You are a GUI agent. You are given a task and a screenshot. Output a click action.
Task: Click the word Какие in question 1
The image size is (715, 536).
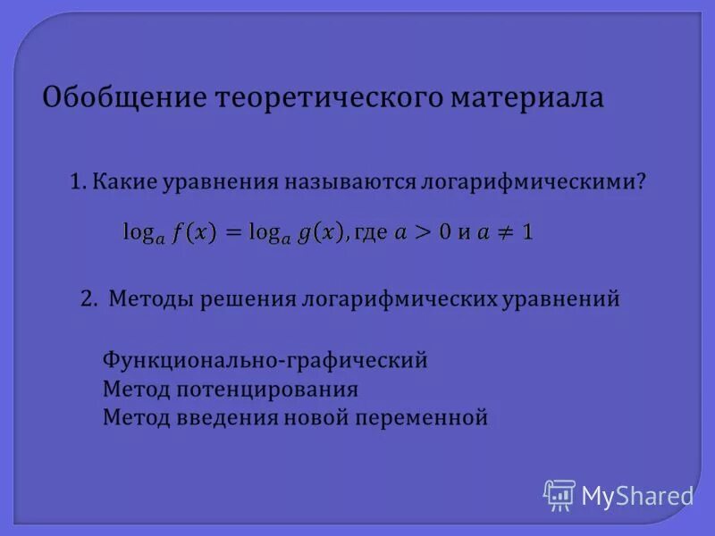pos(123,181)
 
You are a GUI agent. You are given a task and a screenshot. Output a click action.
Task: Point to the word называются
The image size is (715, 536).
pos(351,181)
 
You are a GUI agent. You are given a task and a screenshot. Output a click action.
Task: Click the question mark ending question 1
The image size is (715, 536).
pos(641,181)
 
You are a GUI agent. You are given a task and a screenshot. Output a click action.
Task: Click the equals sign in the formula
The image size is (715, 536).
pos(232,232)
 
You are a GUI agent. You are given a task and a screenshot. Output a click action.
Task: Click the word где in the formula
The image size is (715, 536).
pos(370,233)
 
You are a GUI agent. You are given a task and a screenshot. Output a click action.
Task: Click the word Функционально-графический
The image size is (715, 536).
pos(265,361)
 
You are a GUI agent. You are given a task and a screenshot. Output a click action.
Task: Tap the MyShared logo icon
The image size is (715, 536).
pos(559,494)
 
